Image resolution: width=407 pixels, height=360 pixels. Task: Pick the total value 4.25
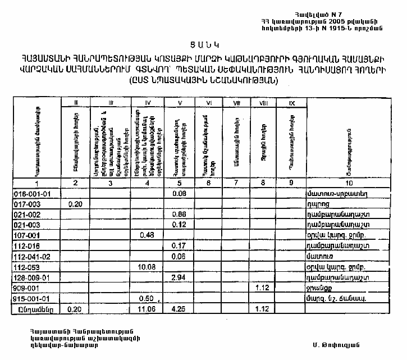pyautogui.click(x=179, y=308)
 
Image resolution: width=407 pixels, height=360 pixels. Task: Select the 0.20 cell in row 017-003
pyautogui.click(x=75, y=204)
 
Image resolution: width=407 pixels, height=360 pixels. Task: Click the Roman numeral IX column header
pyautogui.click(x=291, y=103)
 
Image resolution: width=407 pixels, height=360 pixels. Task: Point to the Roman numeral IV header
pyautogui.click(x=148, y=103)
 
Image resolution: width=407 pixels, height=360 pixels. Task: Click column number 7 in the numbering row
pyautogui.click(x=236, y=183)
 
